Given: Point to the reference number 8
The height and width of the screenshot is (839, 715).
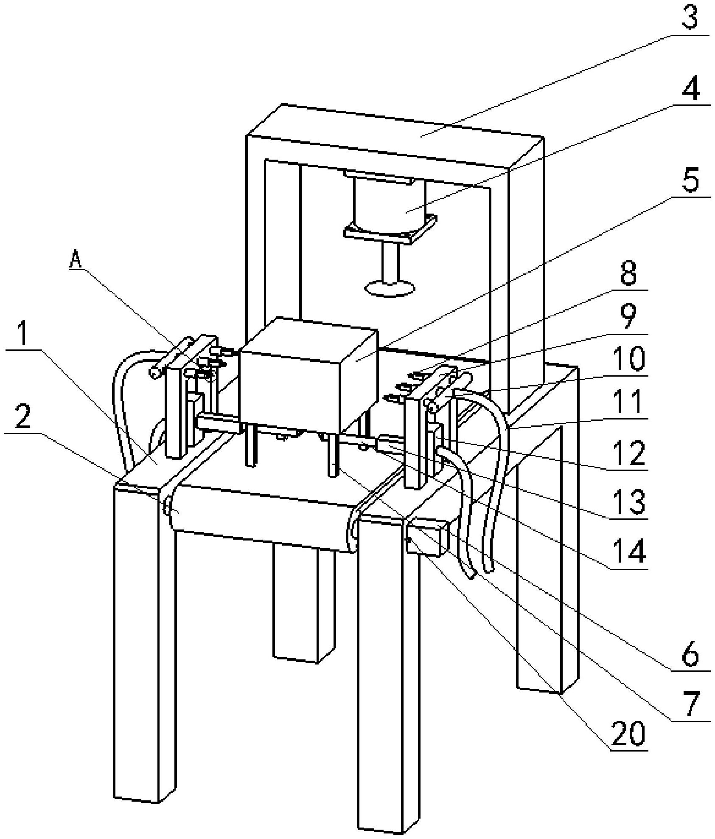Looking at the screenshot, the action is [x=628, y=273].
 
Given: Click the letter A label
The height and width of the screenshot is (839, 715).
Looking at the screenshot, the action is [x=76, y=260].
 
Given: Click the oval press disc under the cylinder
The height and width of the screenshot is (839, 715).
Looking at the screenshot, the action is [x=389, y=289].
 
